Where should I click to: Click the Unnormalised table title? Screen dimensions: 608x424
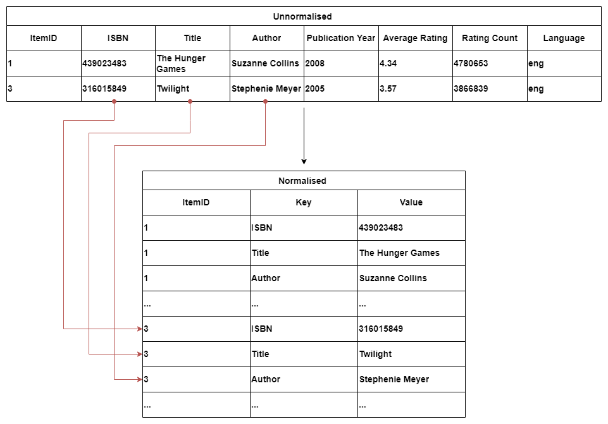click(x=302, y=16)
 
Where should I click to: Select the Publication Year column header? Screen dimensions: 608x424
click(x=341, y=38)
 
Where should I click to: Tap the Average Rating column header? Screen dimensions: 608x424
click(x=415, y=38)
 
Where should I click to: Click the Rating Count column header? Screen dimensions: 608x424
click(x=490, y=38)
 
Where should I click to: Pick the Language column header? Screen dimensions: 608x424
click(x=564, y=38)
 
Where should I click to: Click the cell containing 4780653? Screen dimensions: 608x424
click(x=471, y=63)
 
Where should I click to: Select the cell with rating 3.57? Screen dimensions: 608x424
click(x=388, y=88)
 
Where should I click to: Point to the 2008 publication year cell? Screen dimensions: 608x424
click(x=315, y=63)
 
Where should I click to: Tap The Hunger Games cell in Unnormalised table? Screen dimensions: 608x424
click(x=181, y=63)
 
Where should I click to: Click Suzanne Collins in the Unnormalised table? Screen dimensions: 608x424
click(x=265, y=63)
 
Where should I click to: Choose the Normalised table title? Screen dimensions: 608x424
click(x=302, y=181)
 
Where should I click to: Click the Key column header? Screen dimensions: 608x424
click(x=304, y=202)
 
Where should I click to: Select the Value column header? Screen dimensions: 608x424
click(x=411, y=202)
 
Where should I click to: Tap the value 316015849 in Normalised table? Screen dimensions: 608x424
click(x=381, y=329)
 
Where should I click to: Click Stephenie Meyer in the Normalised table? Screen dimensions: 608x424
click(x=394, y=379)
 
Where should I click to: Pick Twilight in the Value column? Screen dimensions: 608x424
click(x=375, y=354)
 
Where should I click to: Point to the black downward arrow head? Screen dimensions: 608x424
click(x=304, y=162)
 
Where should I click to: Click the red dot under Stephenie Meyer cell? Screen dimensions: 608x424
click(x=265, y=102)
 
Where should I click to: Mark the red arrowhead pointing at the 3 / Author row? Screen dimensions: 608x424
click(x=140, y=379)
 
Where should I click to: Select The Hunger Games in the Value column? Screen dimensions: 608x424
click(x=399, y=253)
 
